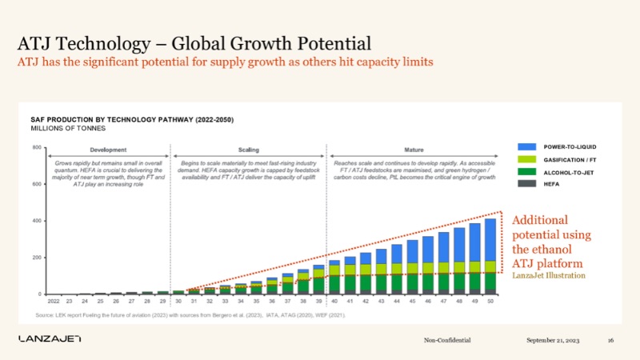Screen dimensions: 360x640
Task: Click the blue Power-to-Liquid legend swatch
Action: click(x=526, y=147)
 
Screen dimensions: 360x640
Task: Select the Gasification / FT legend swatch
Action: click(x=526, y=159)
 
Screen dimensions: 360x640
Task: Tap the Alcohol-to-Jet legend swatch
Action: click(x=526, y=172)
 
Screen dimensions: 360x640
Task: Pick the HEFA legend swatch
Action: click(x=526, y=184)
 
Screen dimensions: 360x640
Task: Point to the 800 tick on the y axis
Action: click(x=37, y=148)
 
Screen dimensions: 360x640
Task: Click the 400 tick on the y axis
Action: click(x=37, y=221)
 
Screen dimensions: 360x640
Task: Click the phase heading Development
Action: click(x=108, y=150)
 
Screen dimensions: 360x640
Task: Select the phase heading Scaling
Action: click(x=249, y=150)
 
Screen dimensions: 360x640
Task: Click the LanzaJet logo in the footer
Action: click(x=50, y=340)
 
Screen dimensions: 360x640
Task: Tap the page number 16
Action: click(x=610, y=341)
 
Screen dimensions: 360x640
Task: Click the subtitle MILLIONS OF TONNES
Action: click(x=62, y=129)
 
